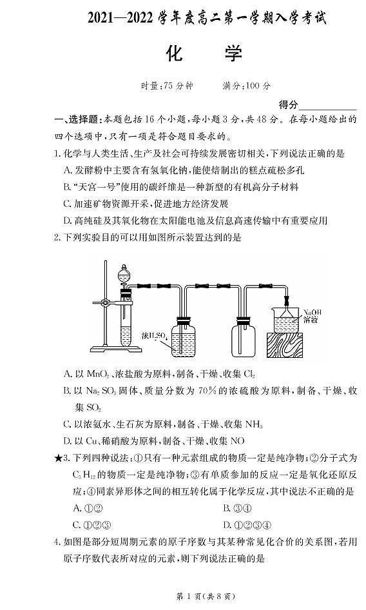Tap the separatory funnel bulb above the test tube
124,273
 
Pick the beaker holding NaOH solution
288,319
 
